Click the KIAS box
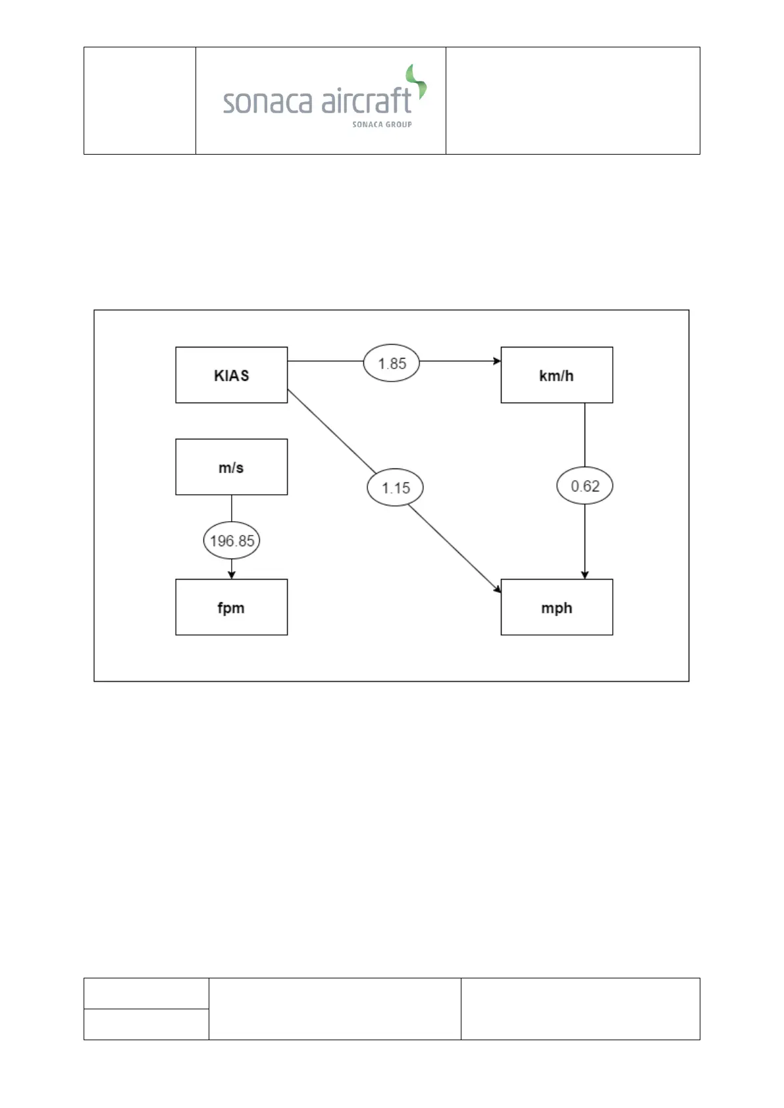click(x=231, y=375)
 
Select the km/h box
click(x=556, y=375)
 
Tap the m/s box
click(x=231, y=467)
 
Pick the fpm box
click(x=231, y=607)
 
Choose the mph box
click(x=556, y=607)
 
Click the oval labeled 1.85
click(x=392, y=363)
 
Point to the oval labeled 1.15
click(x=395, y=488)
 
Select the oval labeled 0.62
click(x=585, y=486)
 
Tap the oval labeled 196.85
click(x=232, y=541)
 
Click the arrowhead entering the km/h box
click(x=497, y=361)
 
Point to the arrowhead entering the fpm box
click(x=232, y=575)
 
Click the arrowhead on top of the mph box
click(x=585, y=575)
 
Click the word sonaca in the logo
click(x=267, y=102)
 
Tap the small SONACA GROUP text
click(x=382, y=124)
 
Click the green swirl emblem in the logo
click(x=417, y=82)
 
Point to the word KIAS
click(x=231, y=376)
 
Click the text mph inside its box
click(x=556, y=608)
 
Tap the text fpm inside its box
click(x=231, y=608)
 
